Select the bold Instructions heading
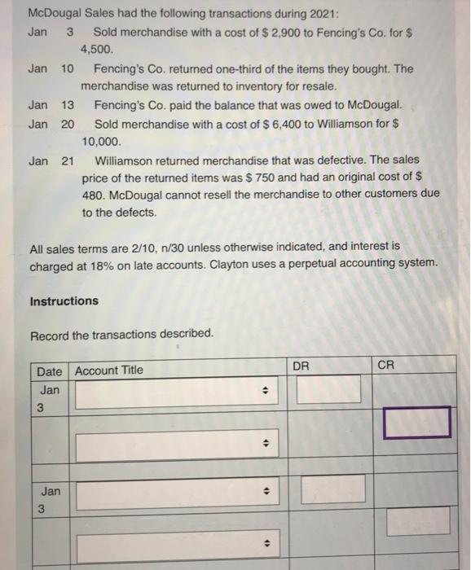click(64, 301)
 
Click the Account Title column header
click(109, 371)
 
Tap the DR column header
click(302, 367)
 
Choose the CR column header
click(385, 367)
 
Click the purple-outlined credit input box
click(417, 421)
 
